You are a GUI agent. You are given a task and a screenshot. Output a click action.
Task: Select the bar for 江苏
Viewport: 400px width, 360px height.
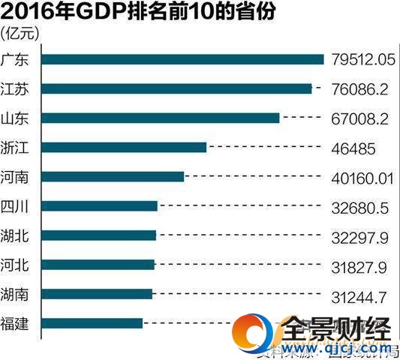[x=176, y=88]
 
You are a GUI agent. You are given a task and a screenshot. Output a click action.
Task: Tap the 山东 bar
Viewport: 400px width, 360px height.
[x=161, y=118]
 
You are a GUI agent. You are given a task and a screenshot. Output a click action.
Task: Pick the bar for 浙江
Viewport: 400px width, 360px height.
[x=124, y=147]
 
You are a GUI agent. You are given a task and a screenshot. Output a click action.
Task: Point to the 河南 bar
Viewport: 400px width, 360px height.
[x=113, y=176]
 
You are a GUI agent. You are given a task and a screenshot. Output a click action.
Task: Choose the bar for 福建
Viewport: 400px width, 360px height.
[x=92, y=323]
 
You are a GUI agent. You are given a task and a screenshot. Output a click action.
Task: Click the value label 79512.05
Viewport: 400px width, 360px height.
[x=362, y=60]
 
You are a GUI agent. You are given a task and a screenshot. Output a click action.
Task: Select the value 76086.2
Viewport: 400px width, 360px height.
[x=358, y=89]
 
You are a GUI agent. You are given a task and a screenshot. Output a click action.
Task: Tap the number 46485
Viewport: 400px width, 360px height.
[x=352, y=148]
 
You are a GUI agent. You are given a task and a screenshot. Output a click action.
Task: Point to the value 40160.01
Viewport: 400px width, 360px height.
[x=362, y=177]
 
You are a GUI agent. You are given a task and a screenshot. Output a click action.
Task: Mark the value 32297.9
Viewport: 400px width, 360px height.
[x=358, y=235]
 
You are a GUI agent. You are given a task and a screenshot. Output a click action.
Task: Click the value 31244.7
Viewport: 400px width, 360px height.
[x=358, y=294]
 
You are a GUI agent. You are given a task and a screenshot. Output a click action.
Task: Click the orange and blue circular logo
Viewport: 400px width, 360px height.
[x=252, y=334]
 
